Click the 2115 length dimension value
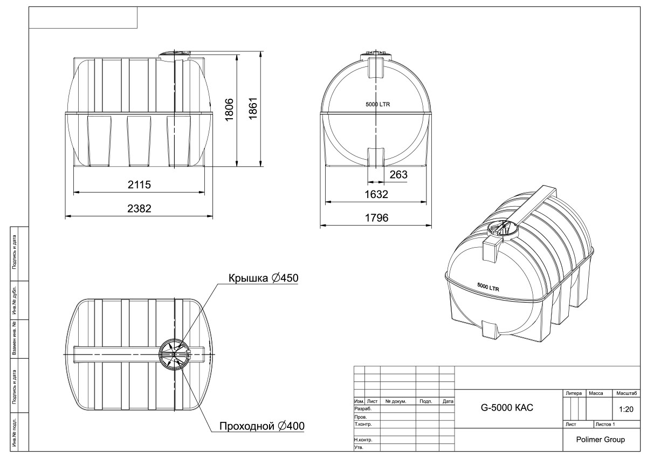click(139, 185)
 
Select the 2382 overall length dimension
click(139, 208)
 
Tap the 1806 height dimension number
click(229, 110)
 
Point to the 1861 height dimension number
click(253, 108)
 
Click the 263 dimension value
click(398, 175)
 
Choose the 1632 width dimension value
click(376, 194)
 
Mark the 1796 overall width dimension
click(377, 217)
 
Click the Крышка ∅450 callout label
click(264, 278)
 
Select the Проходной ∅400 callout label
click(262, 426)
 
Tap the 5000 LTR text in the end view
click(378, 104)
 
